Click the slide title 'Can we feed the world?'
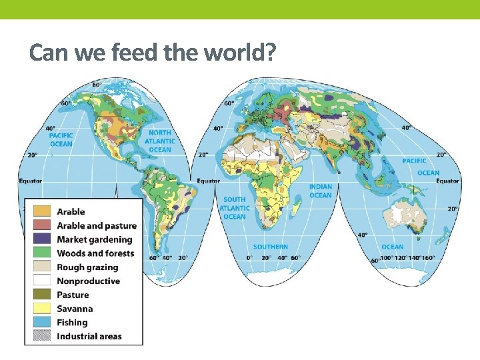pyautogui.click(x=153, y=53)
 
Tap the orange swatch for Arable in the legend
pyautogui.click(x=41, y=211)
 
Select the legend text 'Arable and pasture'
pyautogui.click(x=96, y=225)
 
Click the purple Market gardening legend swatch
pyautogui.click(x=41, y=239)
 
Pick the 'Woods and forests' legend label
pyautogui.click(x=95, y=253)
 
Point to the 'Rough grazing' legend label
pyautogui.click(x=87, y=267)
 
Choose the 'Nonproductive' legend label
pyautogui.click(x=88, y=281)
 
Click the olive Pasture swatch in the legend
pyautogui.click(x=41, y=295)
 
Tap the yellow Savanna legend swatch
pyautogui.click(x=41, y=309)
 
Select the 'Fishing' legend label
pyautogui.click(x=72, y=323)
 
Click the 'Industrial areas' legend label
pyautogui.click(x=89, y=337)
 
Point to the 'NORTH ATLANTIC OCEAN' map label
pyautogui.click(x=160, y=141)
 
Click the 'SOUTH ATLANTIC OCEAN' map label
pyautogui.click(x=234, y=208)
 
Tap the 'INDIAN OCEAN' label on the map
pyautogui.click(x=320, y=191)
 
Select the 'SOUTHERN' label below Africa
pyautogui.click(x=270, y=247)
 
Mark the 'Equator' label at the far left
pyautogui.click(x=30, y=181)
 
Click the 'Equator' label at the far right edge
pyautogui.click(x=447, y=181)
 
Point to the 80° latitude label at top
pyautogui.click(x=97, y=85)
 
